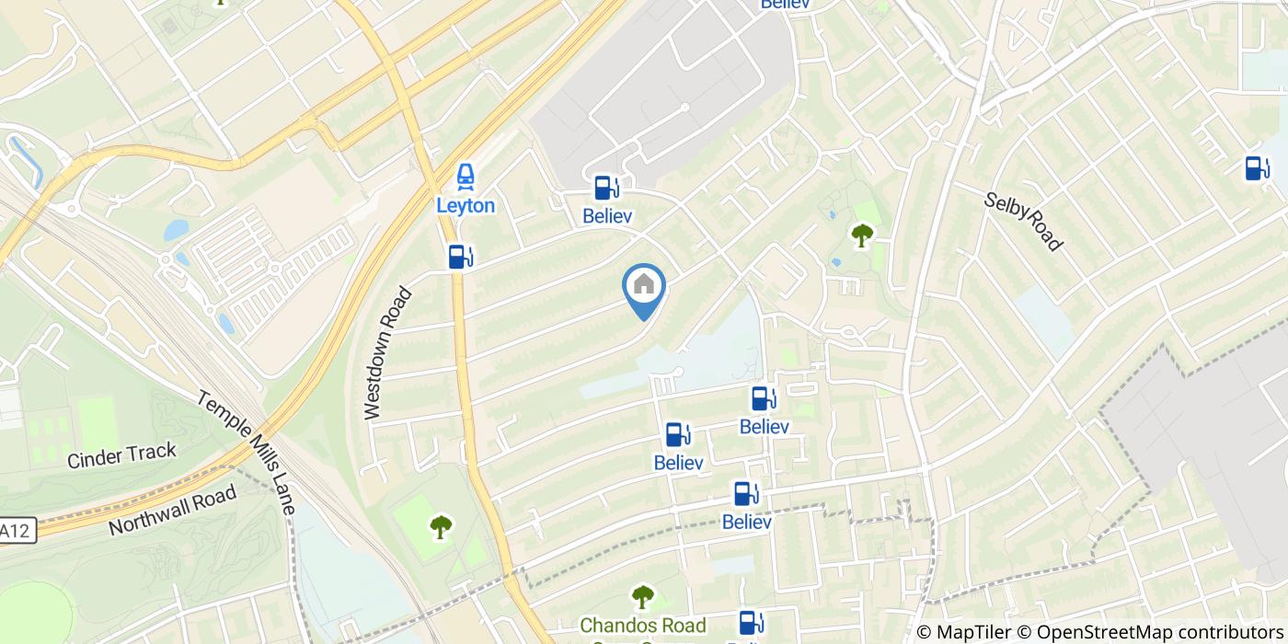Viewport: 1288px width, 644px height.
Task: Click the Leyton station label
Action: (466, 205)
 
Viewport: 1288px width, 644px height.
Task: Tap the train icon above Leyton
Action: (466, 175)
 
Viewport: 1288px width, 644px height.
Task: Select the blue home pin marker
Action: (644, 286)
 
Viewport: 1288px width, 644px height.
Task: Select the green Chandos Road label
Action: (642, 626)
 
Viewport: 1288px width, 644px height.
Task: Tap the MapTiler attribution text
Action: (965, 632)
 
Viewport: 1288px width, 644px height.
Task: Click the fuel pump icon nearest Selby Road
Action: (1257, 168)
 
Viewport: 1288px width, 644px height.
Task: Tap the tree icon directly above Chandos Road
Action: (642, 597)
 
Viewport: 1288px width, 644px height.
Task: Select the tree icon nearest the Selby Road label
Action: (862, 236)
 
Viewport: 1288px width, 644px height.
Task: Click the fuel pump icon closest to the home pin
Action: (604, 188)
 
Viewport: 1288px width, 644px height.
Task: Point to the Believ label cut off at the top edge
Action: (785, 5)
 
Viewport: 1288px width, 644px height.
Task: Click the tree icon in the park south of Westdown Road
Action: (442, 526)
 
